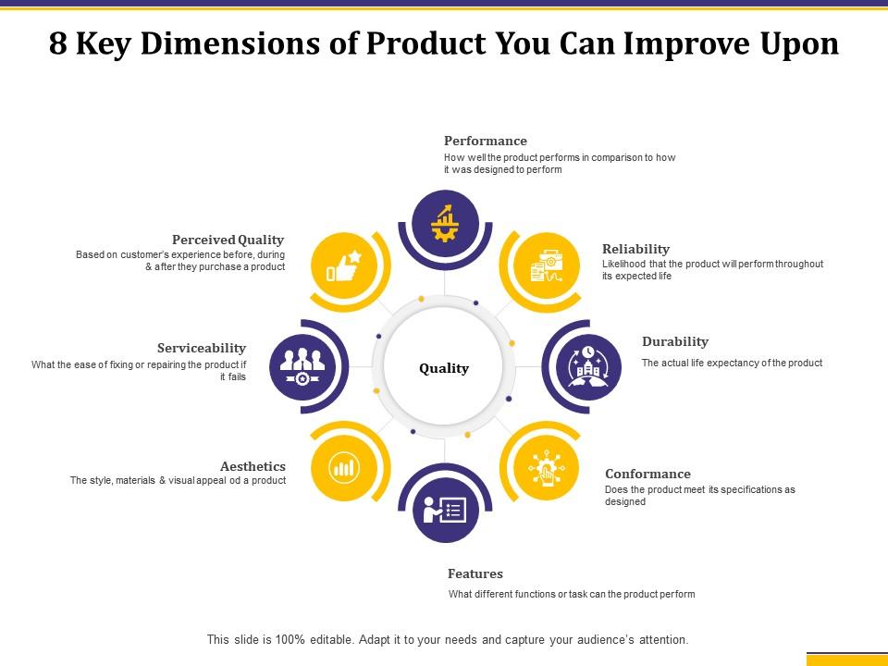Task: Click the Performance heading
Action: click(x=485, y=141)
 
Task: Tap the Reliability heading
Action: click(x=635, y=249)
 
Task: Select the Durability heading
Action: click(x=674, y=341)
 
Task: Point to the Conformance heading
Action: click(x=647, y=474)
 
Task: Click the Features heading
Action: click(x=475, y=573)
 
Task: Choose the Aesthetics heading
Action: click(x=253, y=466)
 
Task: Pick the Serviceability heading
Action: click(x=202, y=348)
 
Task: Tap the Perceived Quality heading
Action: click(x=228, y=240)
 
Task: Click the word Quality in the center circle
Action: click(x=444, y=368)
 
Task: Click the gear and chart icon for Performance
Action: click(x=445, y=222)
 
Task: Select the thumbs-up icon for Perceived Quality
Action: click(x=342, y=268)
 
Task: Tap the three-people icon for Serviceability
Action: click(x=302, y=366)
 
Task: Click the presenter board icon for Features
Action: click(x=445, y=509)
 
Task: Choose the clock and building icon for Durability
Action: click(x=588, y=366)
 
